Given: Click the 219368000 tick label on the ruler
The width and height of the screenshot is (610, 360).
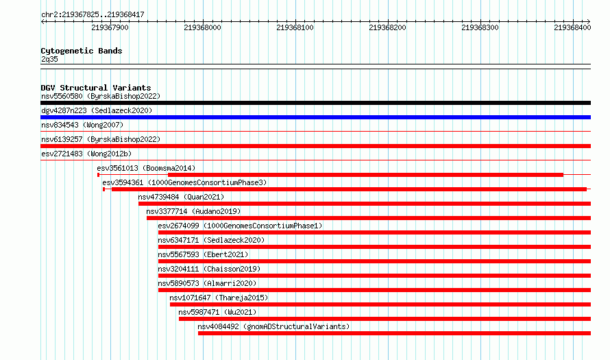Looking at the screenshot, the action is (202, 27).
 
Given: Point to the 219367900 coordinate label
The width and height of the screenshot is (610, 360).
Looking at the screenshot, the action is (110, 27).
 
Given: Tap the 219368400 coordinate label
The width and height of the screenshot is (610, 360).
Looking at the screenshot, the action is (572, 27).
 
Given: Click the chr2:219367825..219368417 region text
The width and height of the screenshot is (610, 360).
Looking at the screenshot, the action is (93, 15).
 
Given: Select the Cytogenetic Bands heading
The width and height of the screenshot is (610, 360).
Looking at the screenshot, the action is (82, 51).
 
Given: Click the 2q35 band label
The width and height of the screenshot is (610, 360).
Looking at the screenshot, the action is (49, 59).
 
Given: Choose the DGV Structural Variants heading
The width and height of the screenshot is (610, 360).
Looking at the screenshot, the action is (96, 88).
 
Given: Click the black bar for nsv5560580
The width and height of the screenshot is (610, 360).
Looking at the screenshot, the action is (315, 103).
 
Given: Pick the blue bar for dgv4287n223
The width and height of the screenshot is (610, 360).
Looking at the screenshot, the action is (315, 117).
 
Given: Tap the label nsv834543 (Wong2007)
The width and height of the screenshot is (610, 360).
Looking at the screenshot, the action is (82, 125).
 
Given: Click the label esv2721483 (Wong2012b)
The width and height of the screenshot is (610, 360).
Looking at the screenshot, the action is (86, 154).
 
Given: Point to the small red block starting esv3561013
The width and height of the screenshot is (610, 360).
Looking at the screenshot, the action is (99, 175).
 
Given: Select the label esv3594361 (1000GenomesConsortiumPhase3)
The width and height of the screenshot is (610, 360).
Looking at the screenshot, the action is (184, 182).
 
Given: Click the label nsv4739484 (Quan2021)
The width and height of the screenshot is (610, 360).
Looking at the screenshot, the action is (181, 197).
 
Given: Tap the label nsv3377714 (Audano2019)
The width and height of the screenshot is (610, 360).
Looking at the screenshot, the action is (193, 211).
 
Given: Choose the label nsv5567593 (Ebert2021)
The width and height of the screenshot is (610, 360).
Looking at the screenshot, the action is (203, 254).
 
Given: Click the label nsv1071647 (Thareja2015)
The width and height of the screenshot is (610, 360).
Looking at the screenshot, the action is (219, 298).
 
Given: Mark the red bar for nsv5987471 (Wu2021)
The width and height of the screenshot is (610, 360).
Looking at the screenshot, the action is (385, 319).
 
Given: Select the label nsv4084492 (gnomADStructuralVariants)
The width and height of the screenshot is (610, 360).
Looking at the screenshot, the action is (273, 326).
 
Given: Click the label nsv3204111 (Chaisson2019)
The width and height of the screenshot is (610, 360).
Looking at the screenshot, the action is (209, 269).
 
